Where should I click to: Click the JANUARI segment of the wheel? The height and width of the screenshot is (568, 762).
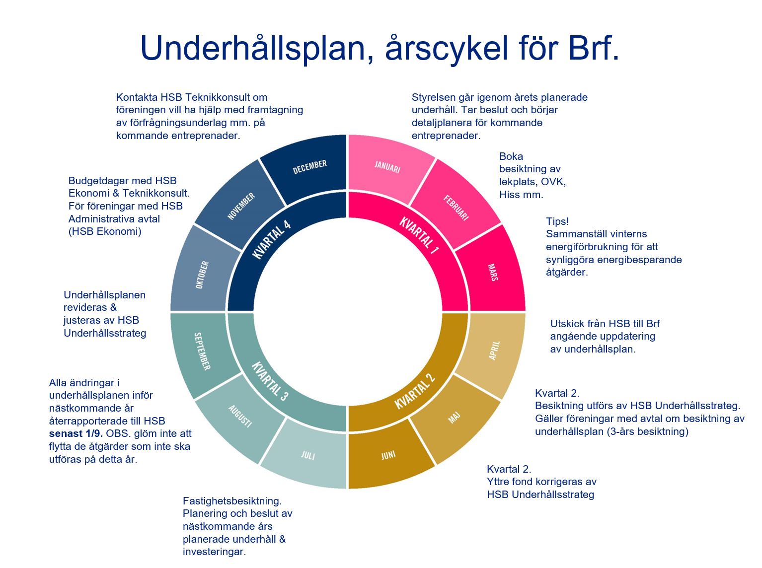(x=387, y=167)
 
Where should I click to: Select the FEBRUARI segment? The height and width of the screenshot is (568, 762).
(x=456, y=208)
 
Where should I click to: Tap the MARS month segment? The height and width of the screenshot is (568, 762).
(x=493, y=273)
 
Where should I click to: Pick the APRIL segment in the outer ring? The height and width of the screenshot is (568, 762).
(x=494, y=351)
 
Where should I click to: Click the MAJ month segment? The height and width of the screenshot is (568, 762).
(x=454, y=418)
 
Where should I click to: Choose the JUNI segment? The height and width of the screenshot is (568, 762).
(x=388, y=455)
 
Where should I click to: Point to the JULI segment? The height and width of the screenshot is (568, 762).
(x=308, y=455)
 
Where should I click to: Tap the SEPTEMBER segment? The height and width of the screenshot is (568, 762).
(x=202, y=351)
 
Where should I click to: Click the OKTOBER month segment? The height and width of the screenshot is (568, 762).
(x=202, y=275)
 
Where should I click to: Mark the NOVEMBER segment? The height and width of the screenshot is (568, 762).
(x=241, y=206)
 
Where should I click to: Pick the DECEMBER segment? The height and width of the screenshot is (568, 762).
(x=309, y=167)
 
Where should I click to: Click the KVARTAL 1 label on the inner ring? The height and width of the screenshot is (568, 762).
(x=419, y=235)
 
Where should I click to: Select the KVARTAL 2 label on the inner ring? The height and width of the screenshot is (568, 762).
(x=415, y=391)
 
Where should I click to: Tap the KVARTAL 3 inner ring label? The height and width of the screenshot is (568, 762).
(x=269, y=381)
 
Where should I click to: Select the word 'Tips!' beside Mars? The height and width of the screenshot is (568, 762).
(x=557, y=221)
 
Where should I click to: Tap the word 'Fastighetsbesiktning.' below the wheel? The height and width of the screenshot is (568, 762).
(x=232, y=501)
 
